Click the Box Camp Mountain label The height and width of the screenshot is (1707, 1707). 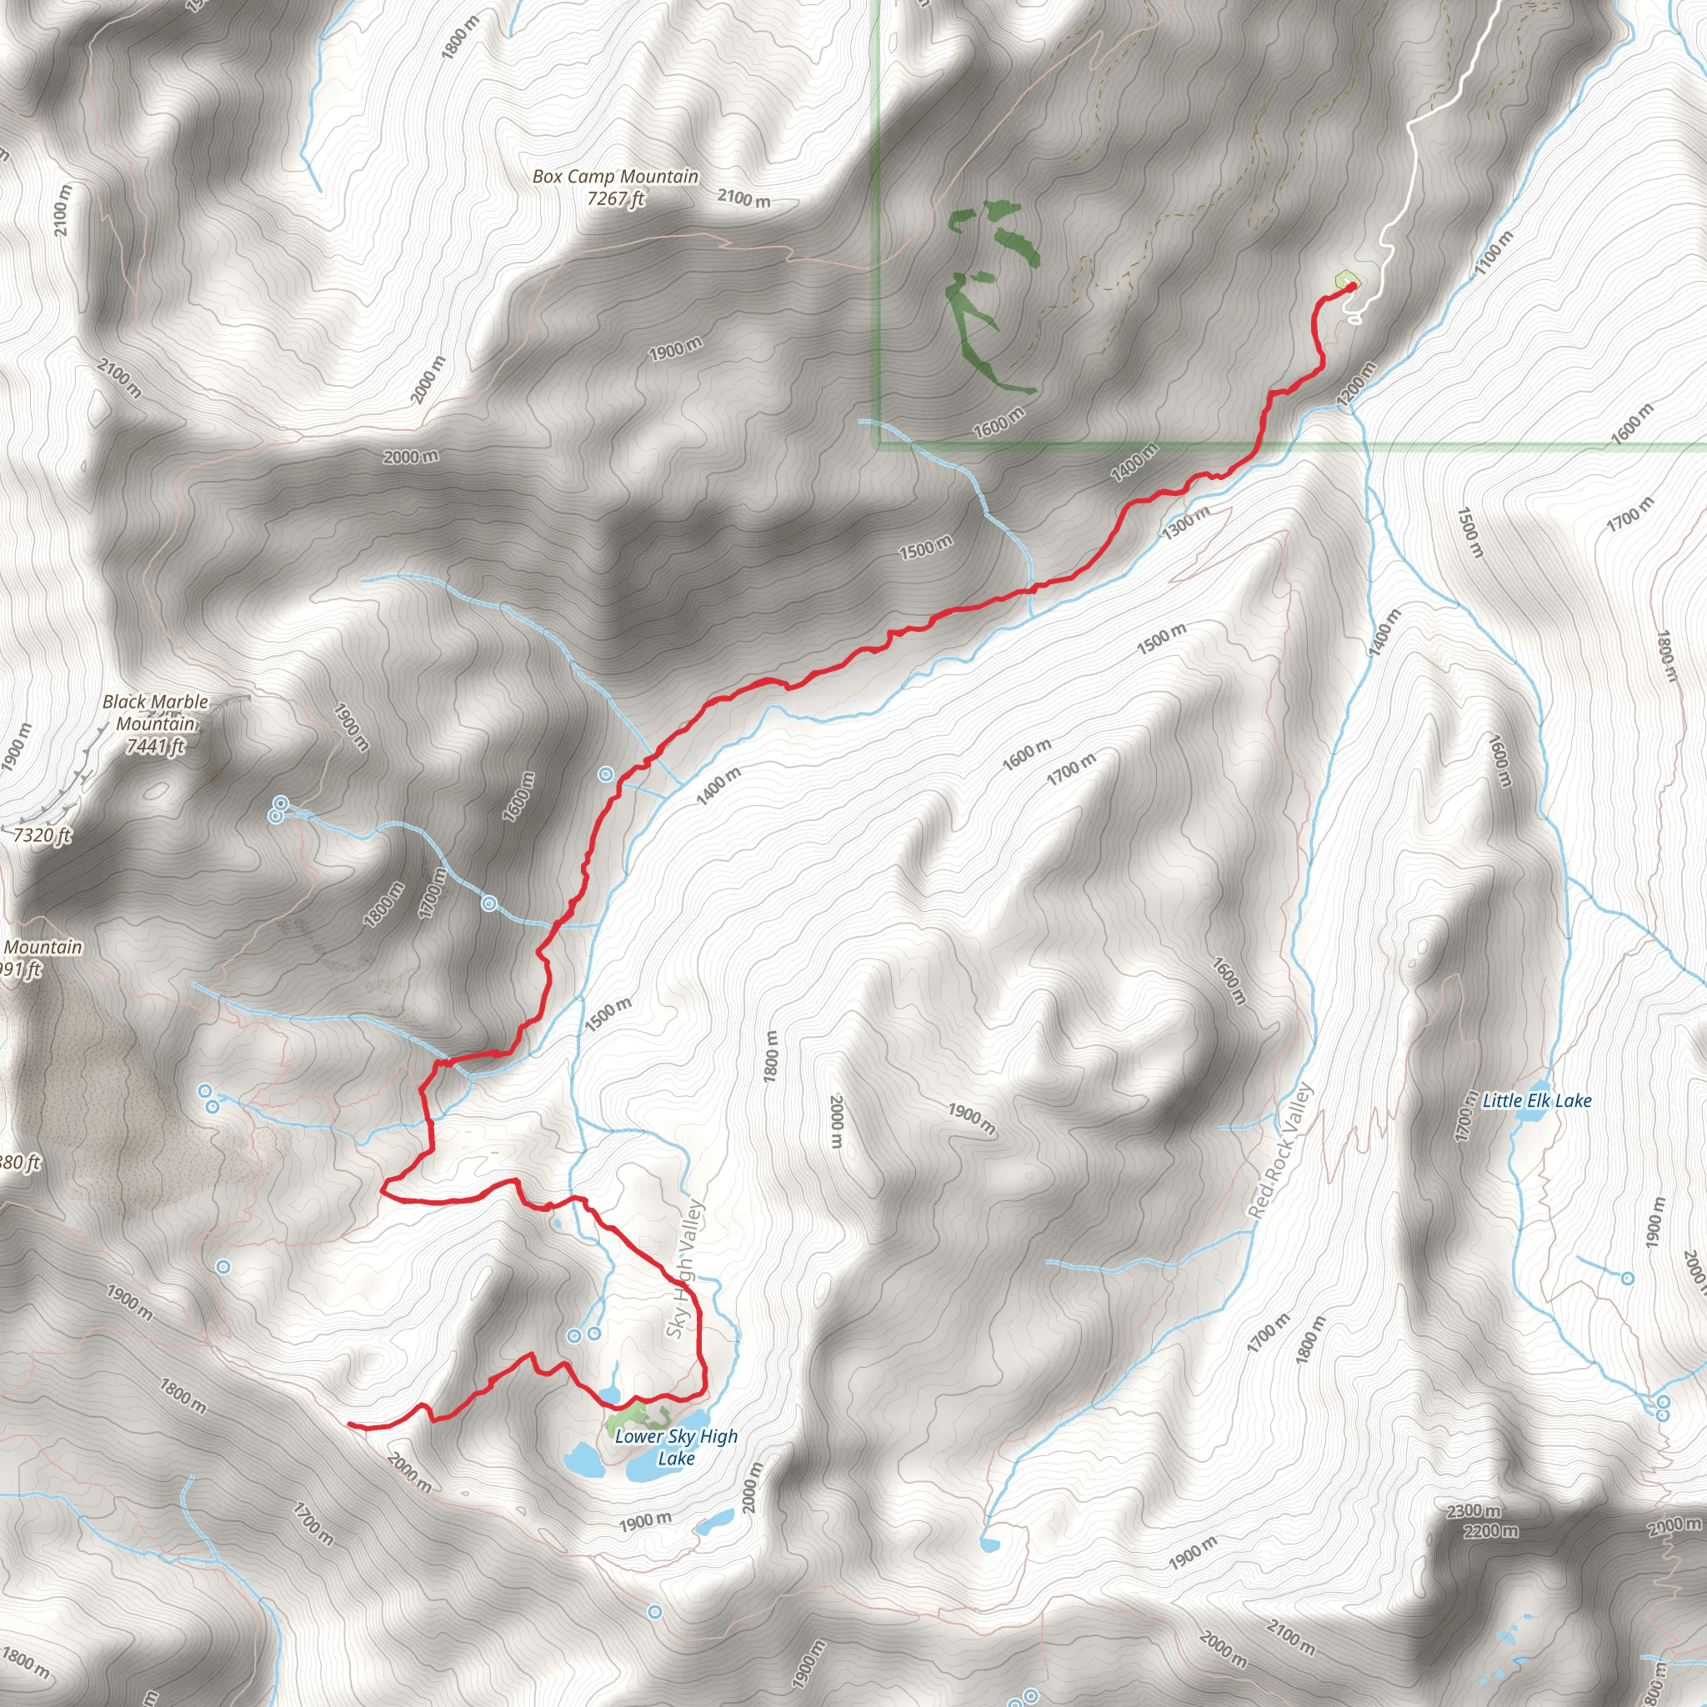(x=615, y=177)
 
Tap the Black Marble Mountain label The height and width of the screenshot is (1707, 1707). (x=156, y=712)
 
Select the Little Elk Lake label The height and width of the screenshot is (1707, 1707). (x=1536, y=1101)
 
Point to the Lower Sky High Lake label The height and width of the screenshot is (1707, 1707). (x=676, y=1447)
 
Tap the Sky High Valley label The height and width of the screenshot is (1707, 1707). (x=685, y=1269)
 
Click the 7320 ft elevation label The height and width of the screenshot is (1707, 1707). (x=41, y=835)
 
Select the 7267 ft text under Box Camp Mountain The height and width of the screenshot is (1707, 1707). (x=615, y=200)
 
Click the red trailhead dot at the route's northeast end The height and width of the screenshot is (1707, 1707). (x=1352, y=286)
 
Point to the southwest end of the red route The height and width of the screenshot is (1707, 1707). (x=350, y=1424)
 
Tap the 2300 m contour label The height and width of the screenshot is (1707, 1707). (x=1474, y=1511)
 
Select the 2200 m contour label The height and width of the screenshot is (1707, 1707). (x=1489, y=1530)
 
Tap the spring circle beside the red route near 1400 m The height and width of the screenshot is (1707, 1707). (x=606, y=775)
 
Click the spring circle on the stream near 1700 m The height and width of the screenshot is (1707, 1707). (x=488, y=904)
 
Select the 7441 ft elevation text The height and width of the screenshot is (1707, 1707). (x=156, y=747)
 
